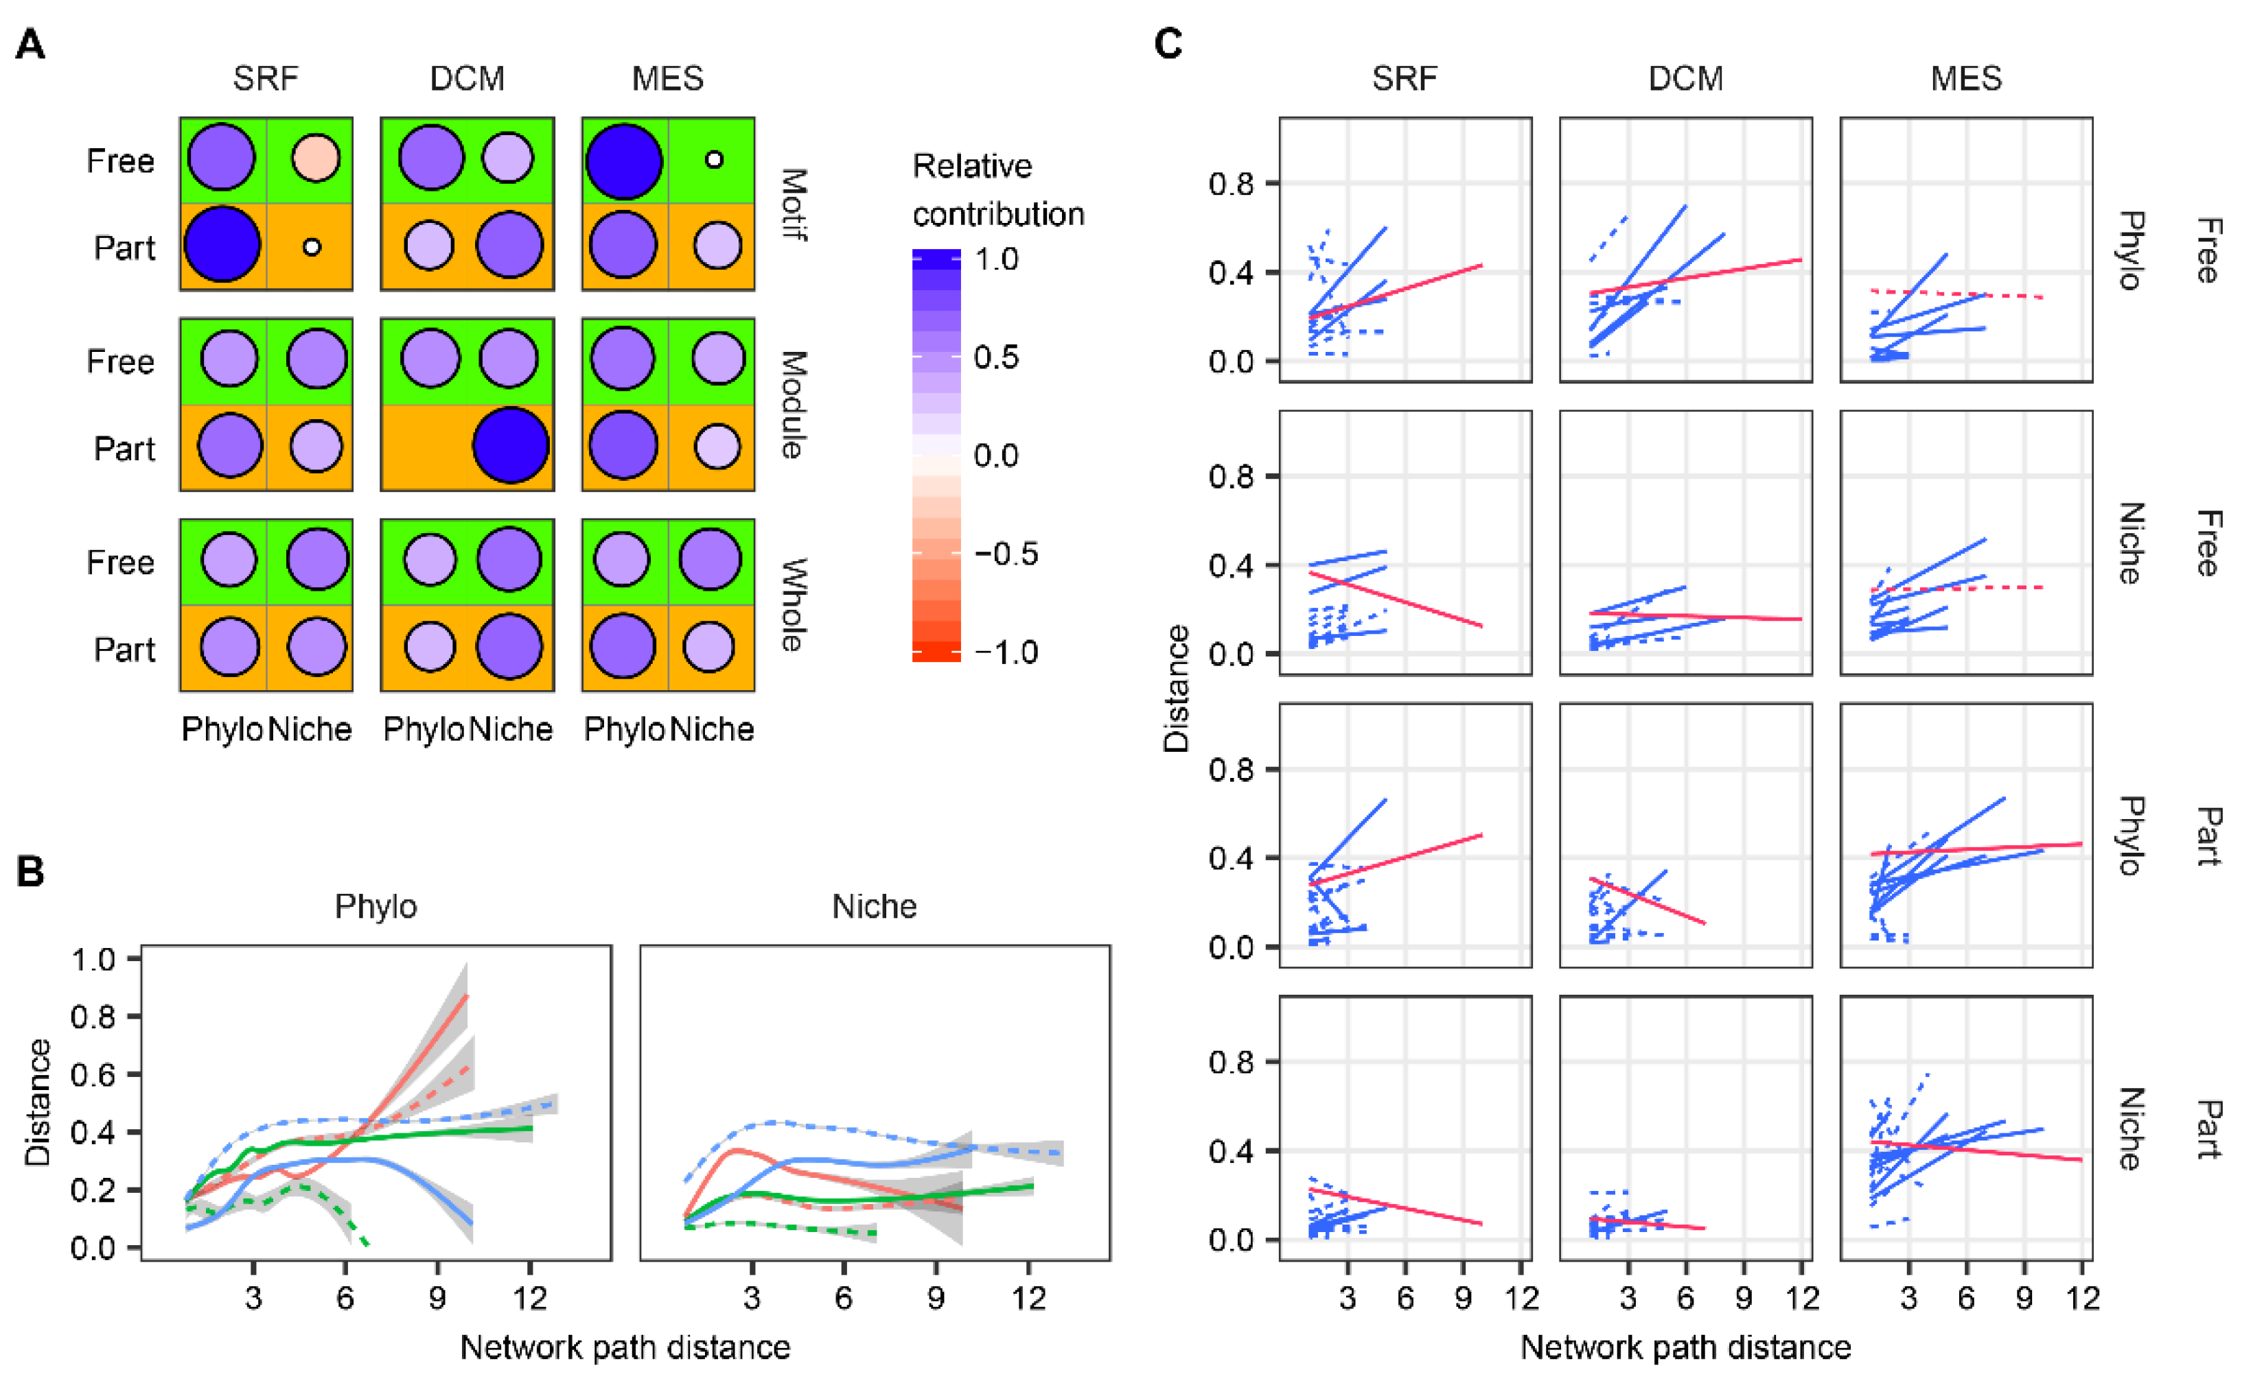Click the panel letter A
30,44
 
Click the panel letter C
1168,44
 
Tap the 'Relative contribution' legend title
997,190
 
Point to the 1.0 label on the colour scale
995,260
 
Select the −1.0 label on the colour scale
1005,653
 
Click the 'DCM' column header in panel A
467,79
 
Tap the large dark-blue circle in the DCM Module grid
511,445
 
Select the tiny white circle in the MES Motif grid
714,160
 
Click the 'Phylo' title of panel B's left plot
375,906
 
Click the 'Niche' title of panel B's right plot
874,906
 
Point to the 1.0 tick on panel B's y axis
93,960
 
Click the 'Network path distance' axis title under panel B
625,1347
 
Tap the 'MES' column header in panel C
1965,79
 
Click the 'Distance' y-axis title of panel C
1176,689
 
